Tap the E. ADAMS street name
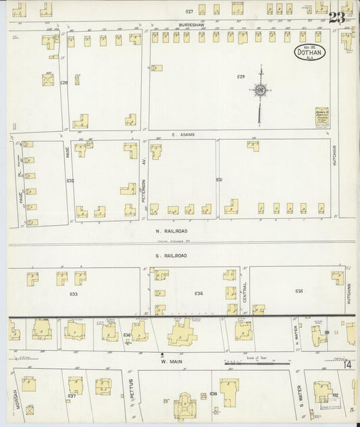pos(183,134)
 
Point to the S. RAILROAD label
pos(167,255)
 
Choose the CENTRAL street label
pos(245,291)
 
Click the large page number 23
pos(337,18)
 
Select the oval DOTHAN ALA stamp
pos(310,52)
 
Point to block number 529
pos(240,77)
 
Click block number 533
pos(73,294)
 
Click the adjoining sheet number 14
pos(346,365)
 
